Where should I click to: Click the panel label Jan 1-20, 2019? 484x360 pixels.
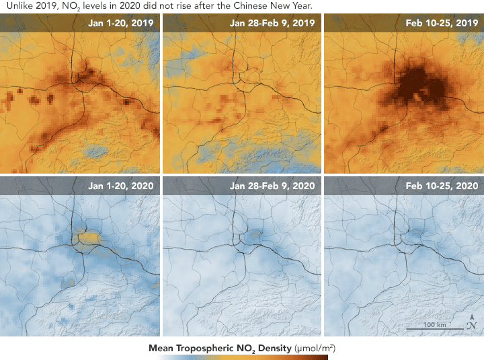click(121, 23)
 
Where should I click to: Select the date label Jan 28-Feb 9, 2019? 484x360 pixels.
click(272, 23)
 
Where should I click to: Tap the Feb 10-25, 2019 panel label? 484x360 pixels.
click(442, 23)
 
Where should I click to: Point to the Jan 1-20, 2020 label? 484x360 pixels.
click(121, 186)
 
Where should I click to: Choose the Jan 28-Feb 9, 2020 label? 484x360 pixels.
click(272, 186)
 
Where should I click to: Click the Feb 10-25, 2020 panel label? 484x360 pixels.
click(442, 186)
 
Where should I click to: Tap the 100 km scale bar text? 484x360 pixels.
click(435, 324)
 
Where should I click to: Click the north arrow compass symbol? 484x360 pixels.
click(472, 322)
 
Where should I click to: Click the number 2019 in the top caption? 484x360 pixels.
click(46, 6)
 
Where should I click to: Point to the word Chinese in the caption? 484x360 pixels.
click(247, 6)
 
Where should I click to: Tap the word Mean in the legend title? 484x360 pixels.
click(161, 349)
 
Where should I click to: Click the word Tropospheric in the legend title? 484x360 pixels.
click(204, 349)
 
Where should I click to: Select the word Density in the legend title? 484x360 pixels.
click(275, 349)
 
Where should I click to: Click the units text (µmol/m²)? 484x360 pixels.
click(315, 349)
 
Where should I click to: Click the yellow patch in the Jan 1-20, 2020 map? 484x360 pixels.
click(89, 238)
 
